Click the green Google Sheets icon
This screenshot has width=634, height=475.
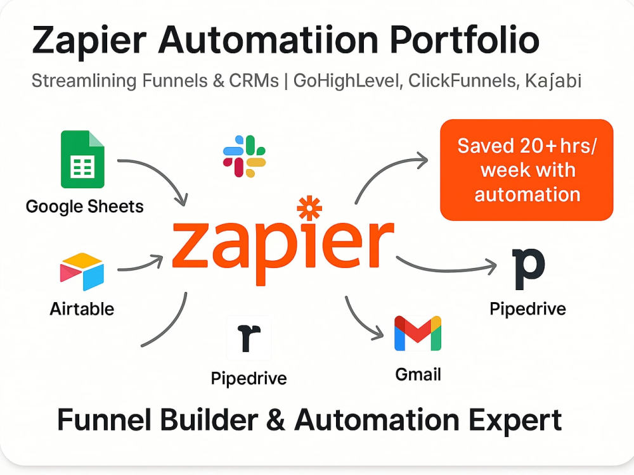[82, 159]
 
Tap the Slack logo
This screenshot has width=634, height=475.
[244, 156]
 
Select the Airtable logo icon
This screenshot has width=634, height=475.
[82, 272]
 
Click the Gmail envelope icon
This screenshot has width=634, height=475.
[418, 333]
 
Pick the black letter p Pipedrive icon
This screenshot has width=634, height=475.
[528, 269]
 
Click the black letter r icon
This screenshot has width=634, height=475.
[249, 338]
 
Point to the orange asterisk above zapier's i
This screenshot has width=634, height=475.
[309, 208]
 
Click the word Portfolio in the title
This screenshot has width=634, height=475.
[465, 39]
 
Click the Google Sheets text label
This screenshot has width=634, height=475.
[84, 206]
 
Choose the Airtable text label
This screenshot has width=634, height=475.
[82, 309]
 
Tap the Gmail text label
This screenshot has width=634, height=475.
[418, 374]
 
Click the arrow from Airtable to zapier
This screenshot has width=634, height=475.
[141, 265]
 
